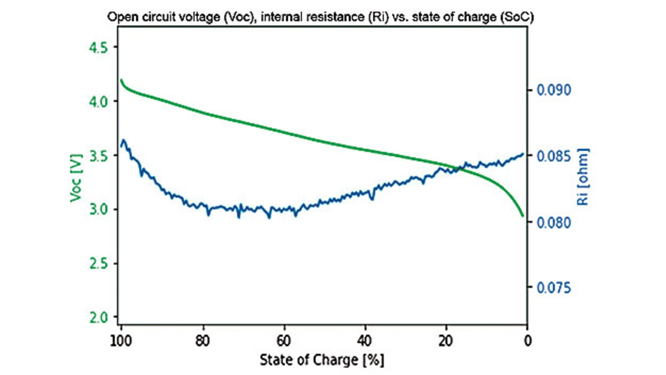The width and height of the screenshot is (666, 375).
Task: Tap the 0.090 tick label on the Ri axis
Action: pyautogui.click(x=554, y=90)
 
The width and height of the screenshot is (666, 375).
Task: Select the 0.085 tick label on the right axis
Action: pyautogui.click(x=554, y=157)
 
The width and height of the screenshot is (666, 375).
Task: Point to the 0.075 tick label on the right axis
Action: pyautogui.click(x=554, y=288)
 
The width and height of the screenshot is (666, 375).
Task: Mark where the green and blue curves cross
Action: pyautogui.click(x=457, y=168)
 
